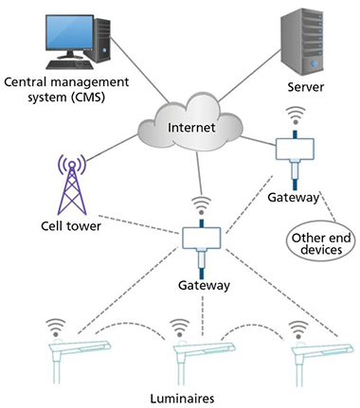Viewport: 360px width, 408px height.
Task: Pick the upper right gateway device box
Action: click(x=294, y=150)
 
